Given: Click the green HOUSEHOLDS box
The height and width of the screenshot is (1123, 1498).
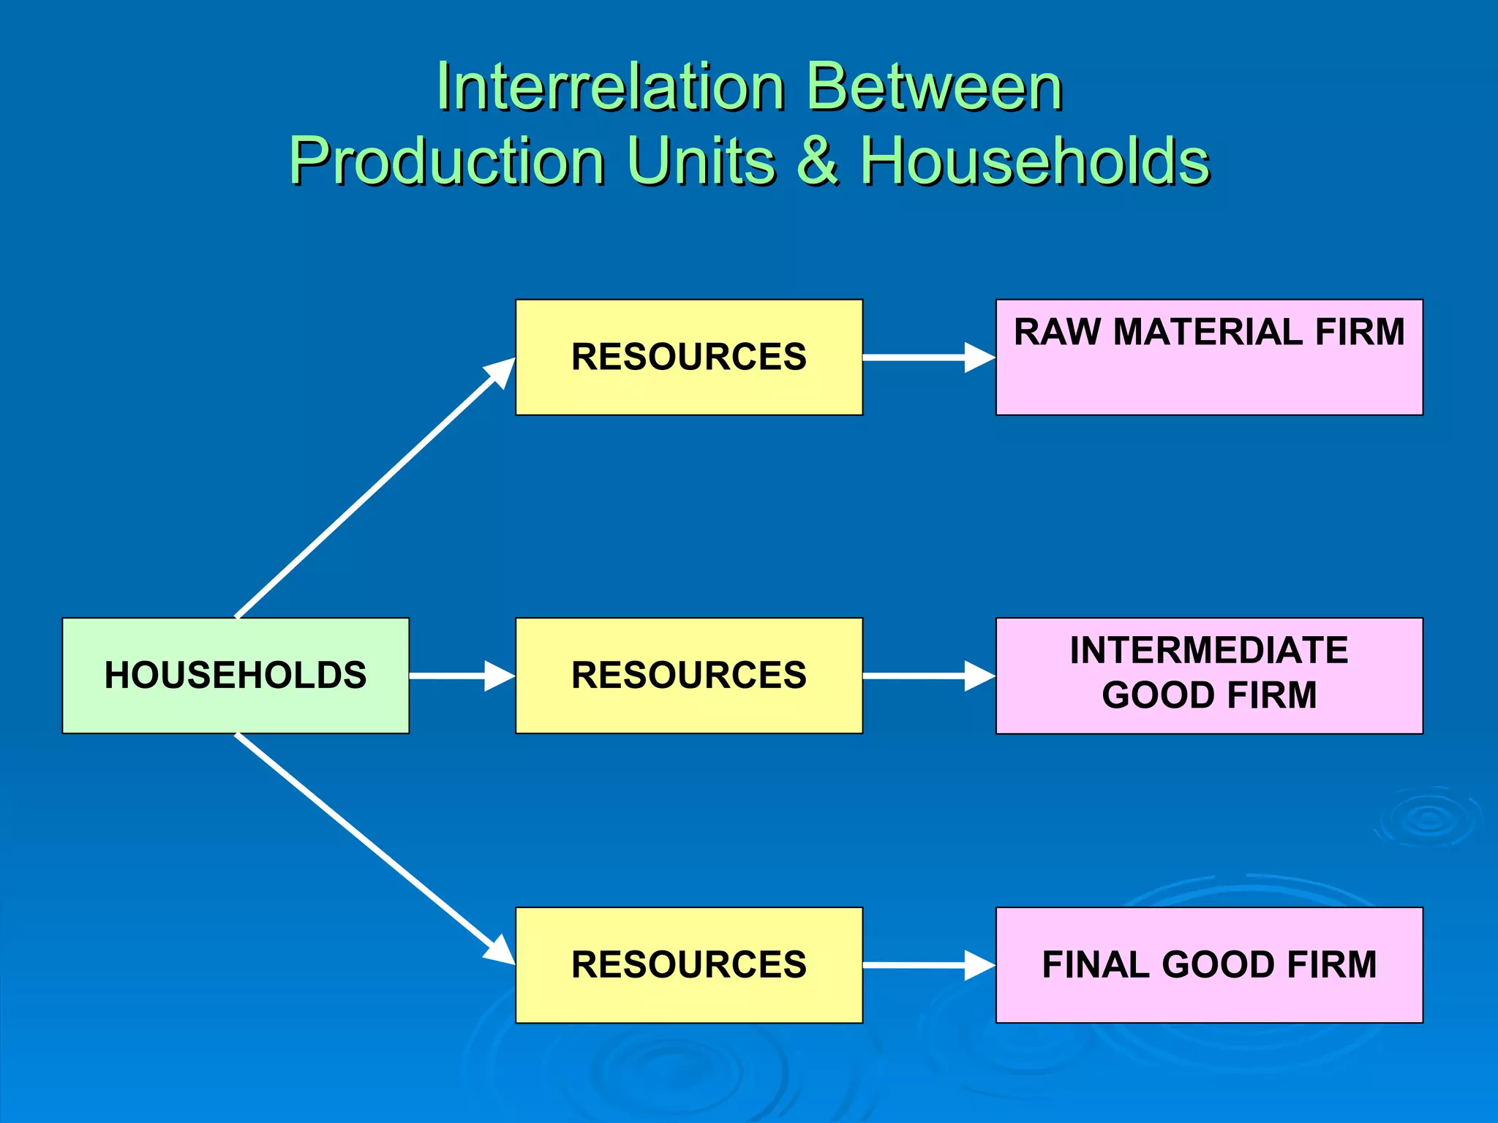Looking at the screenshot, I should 236,675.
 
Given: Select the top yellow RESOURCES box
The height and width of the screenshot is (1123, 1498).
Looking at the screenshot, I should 688,357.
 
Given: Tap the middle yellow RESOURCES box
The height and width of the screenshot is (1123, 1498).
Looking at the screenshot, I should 688,675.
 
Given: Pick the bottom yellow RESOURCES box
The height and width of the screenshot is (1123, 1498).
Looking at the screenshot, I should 688,964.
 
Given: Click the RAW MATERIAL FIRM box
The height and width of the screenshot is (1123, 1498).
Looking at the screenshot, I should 1208,358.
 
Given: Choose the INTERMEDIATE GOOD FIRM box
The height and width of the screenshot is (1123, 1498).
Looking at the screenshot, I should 1208,675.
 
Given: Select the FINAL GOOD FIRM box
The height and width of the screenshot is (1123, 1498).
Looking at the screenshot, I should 1208,964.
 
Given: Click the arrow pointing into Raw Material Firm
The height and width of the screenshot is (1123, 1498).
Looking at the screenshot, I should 929,358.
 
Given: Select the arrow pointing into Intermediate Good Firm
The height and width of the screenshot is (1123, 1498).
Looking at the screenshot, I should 929,676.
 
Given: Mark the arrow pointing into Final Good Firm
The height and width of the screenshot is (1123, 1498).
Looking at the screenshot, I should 929,965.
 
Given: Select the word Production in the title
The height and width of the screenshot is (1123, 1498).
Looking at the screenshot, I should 447,161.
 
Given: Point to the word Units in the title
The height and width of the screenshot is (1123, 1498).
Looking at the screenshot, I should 700,161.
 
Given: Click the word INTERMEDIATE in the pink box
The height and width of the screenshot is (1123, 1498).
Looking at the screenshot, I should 1208,650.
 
